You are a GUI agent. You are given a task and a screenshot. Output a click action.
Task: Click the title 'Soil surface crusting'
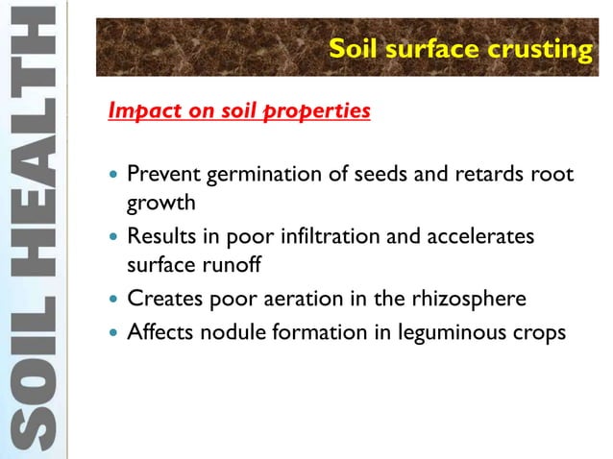tap(460, 49)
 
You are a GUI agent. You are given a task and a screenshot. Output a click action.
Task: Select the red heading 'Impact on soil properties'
tap(239, 111)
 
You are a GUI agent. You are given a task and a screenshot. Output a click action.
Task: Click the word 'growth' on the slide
tap(161, 203)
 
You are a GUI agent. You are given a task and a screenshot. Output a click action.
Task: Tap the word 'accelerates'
tap(478, 237)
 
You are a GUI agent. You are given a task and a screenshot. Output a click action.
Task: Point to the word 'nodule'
tap(233, 333)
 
